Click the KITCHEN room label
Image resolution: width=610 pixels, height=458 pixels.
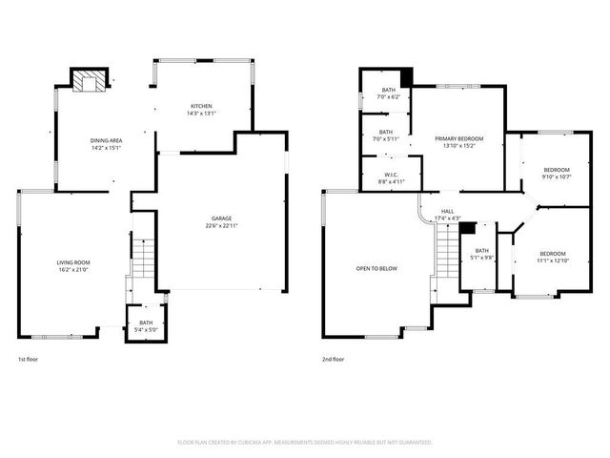(201, 109)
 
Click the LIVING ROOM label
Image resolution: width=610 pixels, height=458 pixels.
(72, 266)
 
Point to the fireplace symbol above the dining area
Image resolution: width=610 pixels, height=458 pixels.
(91, 83)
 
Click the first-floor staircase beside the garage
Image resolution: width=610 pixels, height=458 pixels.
(141, 258)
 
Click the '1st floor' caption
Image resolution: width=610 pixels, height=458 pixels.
(28, 360)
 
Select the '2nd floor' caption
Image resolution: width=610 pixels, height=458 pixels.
(334, 360)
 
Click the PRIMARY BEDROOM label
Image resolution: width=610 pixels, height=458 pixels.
(457, 142)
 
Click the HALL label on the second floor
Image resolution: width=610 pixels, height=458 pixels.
(447, 215)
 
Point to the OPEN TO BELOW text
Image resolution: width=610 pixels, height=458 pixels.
(376, 269)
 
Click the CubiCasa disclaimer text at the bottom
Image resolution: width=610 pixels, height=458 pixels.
(305, 443)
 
